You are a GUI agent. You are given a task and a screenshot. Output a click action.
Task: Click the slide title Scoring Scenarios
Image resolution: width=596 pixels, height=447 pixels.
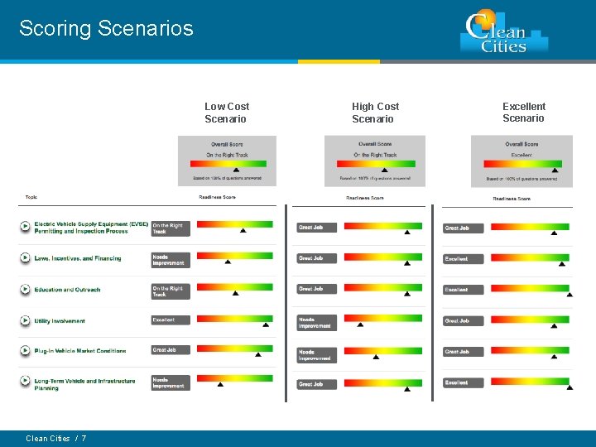click(106, 29)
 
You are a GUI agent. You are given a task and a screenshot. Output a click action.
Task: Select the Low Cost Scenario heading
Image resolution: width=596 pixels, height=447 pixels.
click(227, 113)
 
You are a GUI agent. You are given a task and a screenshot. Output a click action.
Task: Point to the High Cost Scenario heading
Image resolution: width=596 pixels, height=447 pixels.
click(375, 113)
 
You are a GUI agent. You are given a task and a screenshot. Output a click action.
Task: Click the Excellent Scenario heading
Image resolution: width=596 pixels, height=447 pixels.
click(524, 113)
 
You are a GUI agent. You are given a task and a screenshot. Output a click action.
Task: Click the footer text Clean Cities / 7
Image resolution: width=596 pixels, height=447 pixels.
click(56, 439)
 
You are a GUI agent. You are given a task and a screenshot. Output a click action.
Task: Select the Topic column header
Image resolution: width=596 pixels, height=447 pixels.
click(31, 197)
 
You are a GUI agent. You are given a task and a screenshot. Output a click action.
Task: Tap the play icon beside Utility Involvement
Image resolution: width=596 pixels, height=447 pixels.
click(26, 320)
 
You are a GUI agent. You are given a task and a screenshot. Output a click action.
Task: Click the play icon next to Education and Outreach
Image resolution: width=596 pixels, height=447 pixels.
click(26, 290)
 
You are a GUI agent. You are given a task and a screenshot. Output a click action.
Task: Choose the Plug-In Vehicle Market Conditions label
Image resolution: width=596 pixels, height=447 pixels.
click(80, 351)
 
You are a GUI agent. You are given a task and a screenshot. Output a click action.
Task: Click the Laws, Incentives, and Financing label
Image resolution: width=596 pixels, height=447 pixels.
click(78, 258)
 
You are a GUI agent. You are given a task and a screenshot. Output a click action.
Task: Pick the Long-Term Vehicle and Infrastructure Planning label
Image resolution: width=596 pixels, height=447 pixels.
click(84, 384)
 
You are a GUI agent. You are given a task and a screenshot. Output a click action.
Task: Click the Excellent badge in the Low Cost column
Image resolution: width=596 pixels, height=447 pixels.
click(170, 320)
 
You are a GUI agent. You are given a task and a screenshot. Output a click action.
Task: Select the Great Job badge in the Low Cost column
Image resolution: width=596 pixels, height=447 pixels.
click(170, 350)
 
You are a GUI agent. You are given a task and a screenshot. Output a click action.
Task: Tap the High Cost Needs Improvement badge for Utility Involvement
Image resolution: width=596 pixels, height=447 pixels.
click(317, 322)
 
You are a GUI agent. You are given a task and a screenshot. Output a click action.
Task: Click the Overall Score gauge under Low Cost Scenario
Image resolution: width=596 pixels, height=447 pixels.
click(227, 161)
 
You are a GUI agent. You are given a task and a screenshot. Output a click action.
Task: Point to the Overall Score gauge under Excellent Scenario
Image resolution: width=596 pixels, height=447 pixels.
click(521, 161)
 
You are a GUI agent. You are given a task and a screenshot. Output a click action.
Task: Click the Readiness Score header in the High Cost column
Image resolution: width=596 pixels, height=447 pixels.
click(365, 198)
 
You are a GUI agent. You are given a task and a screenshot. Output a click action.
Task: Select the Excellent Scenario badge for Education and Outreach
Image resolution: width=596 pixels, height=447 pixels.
click(463, 290)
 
